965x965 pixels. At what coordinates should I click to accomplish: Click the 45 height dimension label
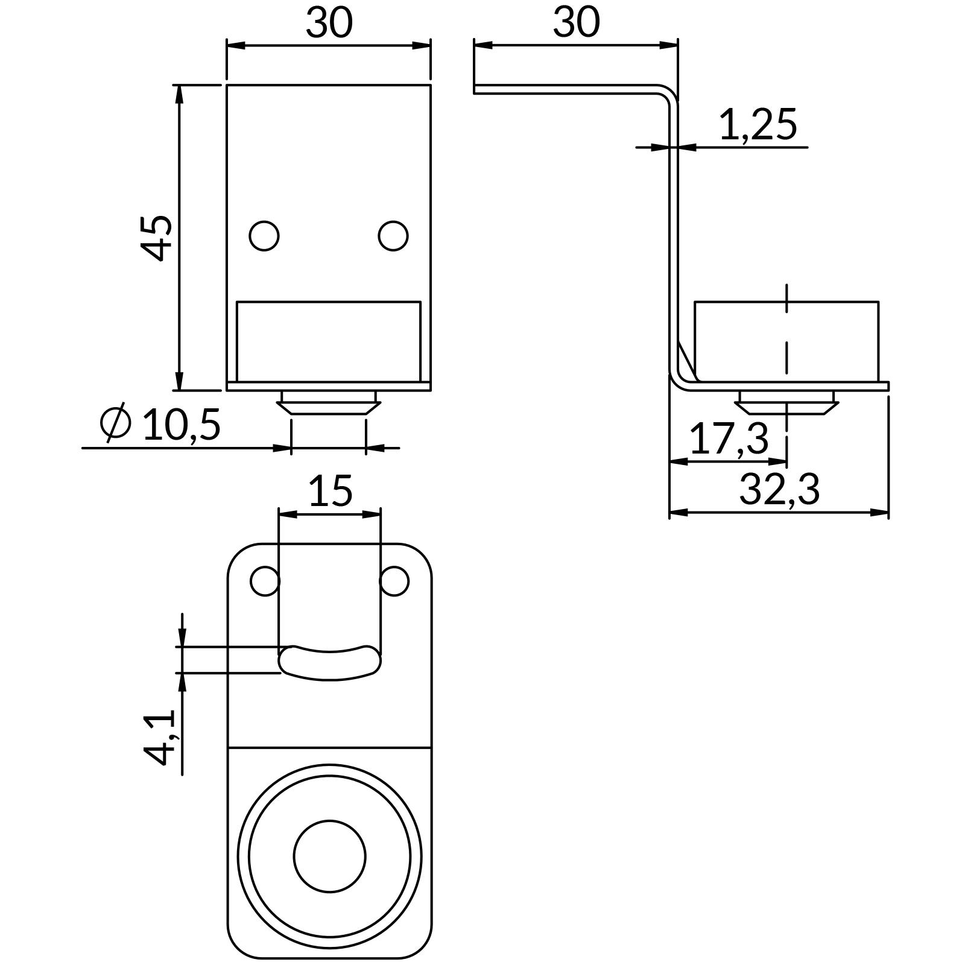(156, 238)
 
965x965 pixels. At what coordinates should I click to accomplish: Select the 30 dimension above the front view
(329, 23)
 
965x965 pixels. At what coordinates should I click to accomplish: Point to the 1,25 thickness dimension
(758, 125)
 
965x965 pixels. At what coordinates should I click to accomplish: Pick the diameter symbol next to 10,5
(116, 422)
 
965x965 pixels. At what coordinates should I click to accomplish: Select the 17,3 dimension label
(729, 438)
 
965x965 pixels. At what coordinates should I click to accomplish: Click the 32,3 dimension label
(779, 490)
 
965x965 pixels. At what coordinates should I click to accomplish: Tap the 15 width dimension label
(330, 491)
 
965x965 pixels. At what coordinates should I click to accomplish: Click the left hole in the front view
(264, 235)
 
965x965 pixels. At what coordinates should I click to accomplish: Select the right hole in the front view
(393, 235)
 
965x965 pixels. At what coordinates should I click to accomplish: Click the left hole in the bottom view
(264, 581)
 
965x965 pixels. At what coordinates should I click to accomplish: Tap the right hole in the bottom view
(395, 581)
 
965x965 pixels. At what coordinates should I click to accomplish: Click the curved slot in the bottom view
(329, 663)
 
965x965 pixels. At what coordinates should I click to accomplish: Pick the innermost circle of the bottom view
(329, 856)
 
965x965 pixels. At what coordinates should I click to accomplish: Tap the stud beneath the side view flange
(787, 403)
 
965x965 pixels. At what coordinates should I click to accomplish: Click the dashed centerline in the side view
(786, 338)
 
